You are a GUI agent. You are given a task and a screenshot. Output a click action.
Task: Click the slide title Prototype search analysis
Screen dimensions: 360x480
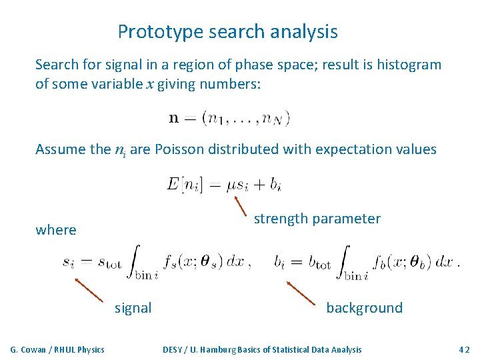[227, 31]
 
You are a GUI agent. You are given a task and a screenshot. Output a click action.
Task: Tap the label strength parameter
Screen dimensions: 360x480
[317, 219]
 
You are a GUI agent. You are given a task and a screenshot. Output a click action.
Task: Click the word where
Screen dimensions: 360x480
[56, 230]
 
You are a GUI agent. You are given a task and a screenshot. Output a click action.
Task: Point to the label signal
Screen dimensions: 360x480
[133, 308]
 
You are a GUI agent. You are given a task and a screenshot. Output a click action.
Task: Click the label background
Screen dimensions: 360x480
[364, 308]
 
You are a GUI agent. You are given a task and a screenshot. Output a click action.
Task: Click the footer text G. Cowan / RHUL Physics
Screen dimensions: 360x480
[57, 349]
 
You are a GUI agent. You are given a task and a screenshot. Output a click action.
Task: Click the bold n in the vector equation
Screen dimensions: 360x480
[174, 119]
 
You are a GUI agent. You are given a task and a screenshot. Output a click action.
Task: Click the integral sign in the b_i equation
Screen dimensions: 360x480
[344, 261]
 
